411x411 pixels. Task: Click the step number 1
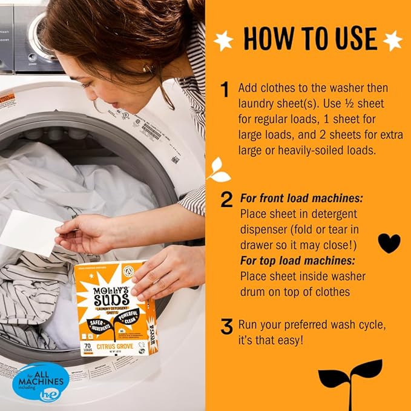(x=225, y=90)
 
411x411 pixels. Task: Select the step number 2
(x=226, y=200)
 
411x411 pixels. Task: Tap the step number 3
(x=226, y=327)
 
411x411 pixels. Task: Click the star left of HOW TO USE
(x=223, y=40)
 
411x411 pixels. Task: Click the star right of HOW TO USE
(x=392, y=40)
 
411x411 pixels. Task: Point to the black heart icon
(x=389, y=242)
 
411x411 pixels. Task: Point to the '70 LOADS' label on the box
(x=89, y=350)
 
